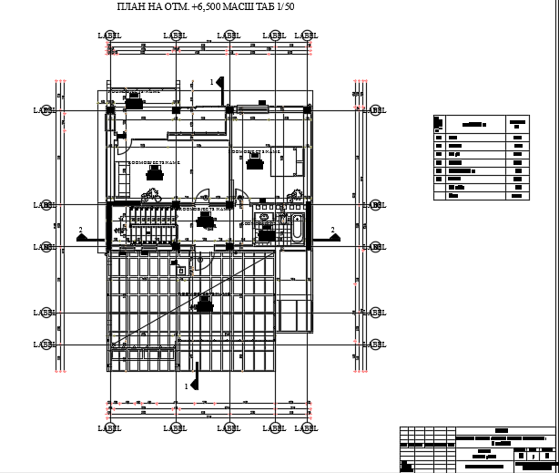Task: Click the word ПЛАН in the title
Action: point(134,7)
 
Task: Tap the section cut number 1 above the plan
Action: point(212,82)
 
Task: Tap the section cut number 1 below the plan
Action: point(188,386)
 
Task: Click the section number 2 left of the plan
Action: point(80,230)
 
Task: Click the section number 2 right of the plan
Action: point(332,230)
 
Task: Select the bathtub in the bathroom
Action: point(297,227)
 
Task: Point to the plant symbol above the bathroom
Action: point(295,194)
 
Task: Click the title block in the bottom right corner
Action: point(478,447)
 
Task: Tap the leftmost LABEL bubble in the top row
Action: point(109,36)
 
